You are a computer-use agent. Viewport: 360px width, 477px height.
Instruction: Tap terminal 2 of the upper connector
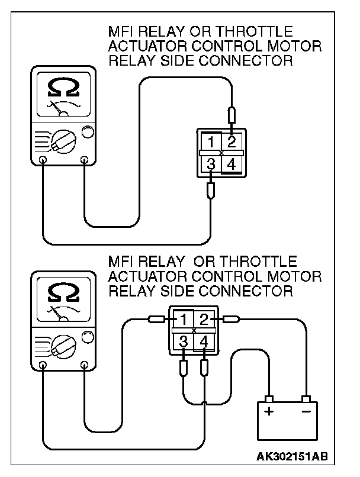point(232,142)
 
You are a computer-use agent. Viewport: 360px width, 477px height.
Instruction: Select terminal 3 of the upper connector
point(211,165)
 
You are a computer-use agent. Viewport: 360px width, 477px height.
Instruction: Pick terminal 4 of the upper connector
point(232,165)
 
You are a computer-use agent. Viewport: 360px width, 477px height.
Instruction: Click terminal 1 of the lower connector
point(184,320)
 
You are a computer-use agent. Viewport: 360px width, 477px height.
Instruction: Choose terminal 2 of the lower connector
point(204,320)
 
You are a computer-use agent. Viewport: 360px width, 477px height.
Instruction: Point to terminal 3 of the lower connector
point(184,342)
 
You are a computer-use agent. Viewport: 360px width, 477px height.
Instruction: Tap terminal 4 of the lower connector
point(204,342)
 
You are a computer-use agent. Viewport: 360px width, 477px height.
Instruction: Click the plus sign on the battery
point(269,411)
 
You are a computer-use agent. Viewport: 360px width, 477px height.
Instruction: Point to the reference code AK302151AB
point(292,457)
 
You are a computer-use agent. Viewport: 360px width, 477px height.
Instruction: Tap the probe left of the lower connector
point(156,320)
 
